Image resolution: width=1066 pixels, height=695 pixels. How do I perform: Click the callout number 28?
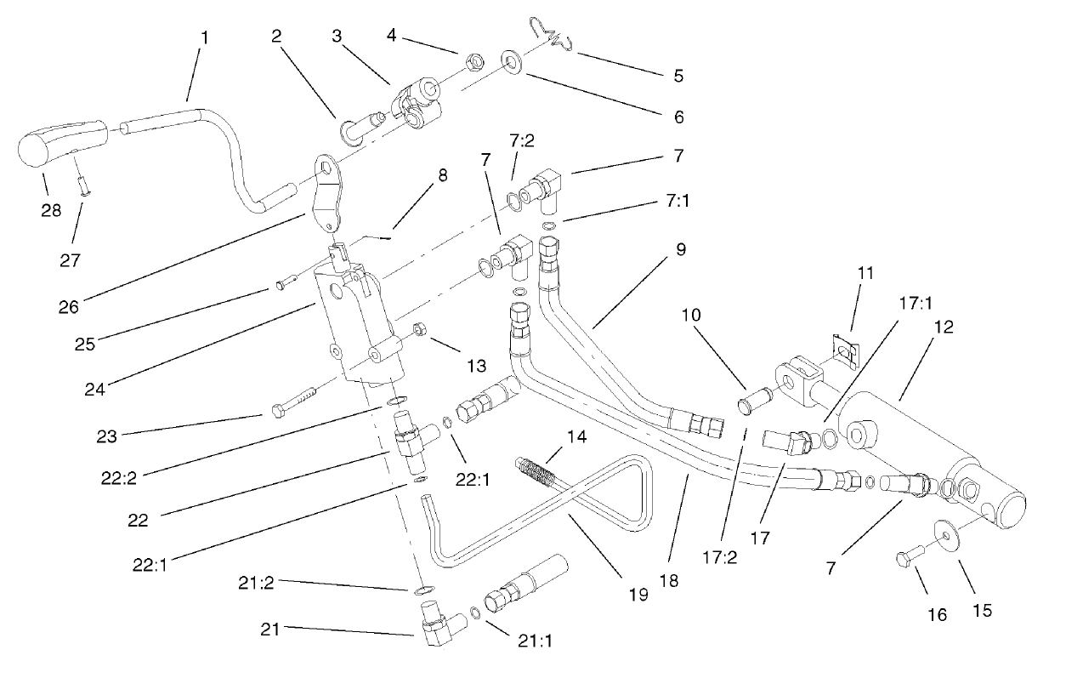pos(51,209)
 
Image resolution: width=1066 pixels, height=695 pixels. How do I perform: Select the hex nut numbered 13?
pos(419,329)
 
